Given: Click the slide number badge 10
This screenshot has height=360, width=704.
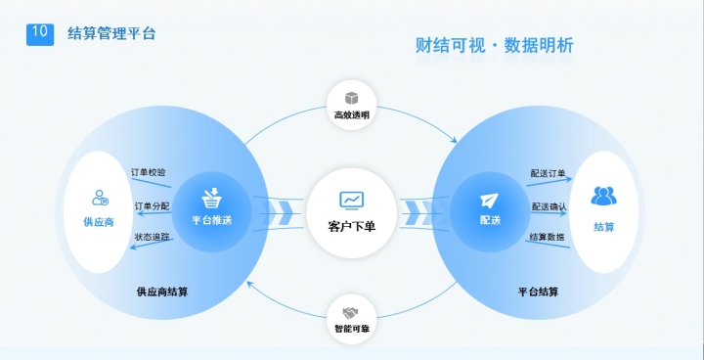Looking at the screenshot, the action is coord(39,33).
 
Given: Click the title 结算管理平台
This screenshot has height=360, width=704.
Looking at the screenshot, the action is coord(111,34).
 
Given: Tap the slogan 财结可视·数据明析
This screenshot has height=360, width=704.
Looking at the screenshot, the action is coord(494,46).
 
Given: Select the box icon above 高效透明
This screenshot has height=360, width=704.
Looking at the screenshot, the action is coord(352,99).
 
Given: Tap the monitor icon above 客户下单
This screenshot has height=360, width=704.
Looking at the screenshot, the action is coord(352,201).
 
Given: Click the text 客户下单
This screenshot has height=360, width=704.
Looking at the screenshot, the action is coord(352,226).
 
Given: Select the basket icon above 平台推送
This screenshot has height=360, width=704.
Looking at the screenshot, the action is coord(212,199).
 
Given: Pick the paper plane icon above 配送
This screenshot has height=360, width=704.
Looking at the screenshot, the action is coord(490,200).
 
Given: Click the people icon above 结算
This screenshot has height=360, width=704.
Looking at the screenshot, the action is coord(603,197).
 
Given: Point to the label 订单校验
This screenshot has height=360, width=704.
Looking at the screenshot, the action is coord(150,172).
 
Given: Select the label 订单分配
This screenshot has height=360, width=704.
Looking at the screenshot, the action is coord(150,206).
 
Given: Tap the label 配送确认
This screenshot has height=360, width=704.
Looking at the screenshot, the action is coord(549,206).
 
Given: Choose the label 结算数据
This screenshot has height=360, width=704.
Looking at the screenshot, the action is coord(547,238).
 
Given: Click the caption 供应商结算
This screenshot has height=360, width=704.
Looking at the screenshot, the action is coord(163,292).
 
